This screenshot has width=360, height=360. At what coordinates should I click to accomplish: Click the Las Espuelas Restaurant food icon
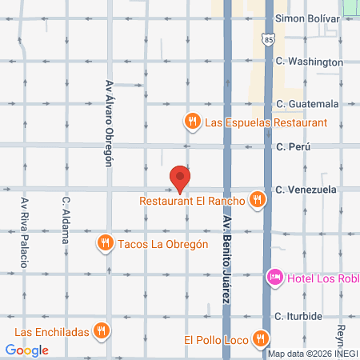pyautogui.click(x=192, y=122)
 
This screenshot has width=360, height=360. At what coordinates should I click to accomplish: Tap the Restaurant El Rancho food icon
pyautogui.click(x=256, y=200)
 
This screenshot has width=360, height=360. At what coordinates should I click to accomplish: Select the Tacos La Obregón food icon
pyautogui.click(x=105, y=242)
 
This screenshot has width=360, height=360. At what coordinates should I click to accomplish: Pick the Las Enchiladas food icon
pyautogui.click(x=101, y=330)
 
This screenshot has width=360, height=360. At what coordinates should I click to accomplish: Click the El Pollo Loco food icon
pyautogui.click(x=259, y=338)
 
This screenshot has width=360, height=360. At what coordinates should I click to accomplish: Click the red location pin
pyautogui.click(x=181, y=179)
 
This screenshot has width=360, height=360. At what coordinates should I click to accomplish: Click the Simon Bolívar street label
pyautogui.click(x=308, y=18)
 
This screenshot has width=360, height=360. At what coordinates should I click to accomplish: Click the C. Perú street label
pyautogui.click(x=292, y=147)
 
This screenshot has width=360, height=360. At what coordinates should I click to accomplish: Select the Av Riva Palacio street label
pyautogui.click(x=25, y=233)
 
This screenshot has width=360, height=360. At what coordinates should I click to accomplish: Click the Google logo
pyautogui.click(x=27, y=350)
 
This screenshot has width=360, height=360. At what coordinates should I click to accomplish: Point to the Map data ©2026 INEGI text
pyautogui.click(x=310, y=354)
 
